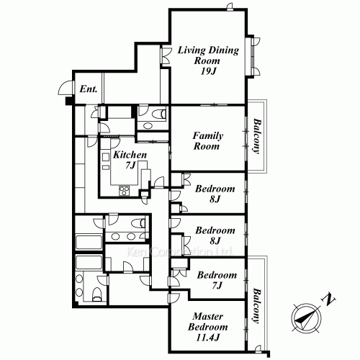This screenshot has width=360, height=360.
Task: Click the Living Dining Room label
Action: pyautogui.click(x=208, y=55)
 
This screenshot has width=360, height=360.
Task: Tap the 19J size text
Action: pyautogui.click(x=208, y=71)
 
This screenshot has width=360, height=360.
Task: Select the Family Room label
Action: pyautogui.click(x=207, y=141)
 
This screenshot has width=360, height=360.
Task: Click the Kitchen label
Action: pyautogui.click(x=130, y=155)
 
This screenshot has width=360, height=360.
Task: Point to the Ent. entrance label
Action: pyautogui.click(x=89, y=89)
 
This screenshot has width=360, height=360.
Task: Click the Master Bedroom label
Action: pyautogui.click(x=208, y=322)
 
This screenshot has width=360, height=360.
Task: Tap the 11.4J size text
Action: pyautogui.click(x=208, y=338)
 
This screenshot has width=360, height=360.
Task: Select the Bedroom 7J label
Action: pyautogui.click(x=217, y=280)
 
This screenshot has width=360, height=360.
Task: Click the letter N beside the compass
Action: pyautogui.click(x=328, y=299)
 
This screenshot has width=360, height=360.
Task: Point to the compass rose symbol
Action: pyautogui.click(x=307, y=318)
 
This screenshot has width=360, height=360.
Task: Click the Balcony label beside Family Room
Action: pyautogui.click(x=256, y=135)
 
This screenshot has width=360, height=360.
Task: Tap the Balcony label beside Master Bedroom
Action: pyautogui.click(x=256, y=306)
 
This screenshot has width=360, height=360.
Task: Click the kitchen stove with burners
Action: pyautogui.click(x=124, y=191)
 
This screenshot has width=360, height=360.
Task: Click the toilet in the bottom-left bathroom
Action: pyautogui.click(x=97, y=294)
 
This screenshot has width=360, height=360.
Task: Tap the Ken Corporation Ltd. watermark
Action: pyautogui.click(x=179, y=252)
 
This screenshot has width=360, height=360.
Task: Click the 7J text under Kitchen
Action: pyautogui.click(x=130, y=165)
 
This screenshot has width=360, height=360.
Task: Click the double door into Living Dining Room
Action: pyautogui.click(x=166, y=55)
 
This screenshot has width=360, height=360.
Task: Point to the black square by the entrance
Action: pyautogui.click(x=69, y=101)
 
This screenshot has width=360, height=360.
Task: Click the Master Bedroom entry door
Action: pyautogui.click(x=174, y=298)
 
